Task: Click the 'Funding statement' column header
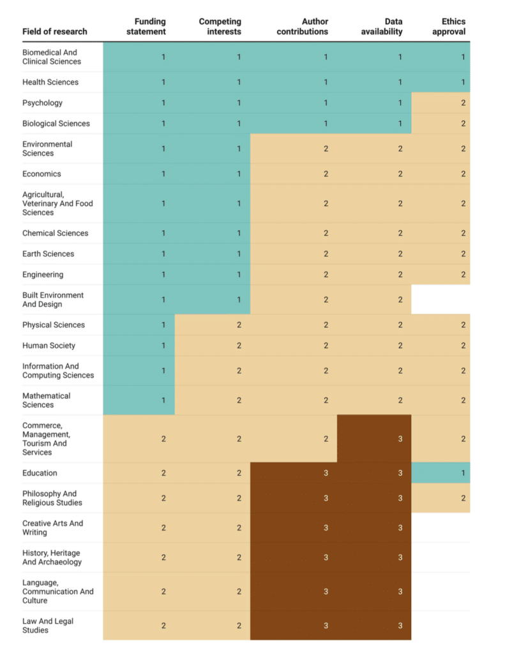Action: pos(150,27)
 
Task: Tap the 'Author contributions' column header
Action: pos(303,27)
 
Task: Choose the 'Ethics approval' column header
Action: pos(453,27)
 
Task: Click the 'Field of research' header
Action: pos(54,32)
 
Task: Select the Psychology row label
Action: pos(42,103)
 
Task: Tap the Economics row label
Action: pos(41,173)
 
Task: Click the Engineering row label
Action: pos(43,274)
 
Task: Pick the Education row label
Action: pos(40,473)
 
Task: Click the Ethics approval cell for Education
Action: pos(441,473)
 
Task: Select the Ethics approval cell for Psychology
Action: pos(441,103)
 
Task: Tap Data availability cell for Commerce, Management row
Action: pos(374,439)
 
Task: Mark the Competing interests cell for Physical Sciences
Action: pos(213,325)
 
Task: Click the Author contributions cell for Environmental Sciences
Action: pos(294,149)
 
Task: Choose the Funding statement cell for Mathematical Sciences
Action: pos(139,400)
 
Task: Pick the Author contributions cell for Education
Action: pos(294,473)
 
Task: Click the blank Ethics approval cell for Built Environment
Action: pos(441,299)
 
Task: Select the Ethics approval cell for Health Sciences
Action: pos(441,82)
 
